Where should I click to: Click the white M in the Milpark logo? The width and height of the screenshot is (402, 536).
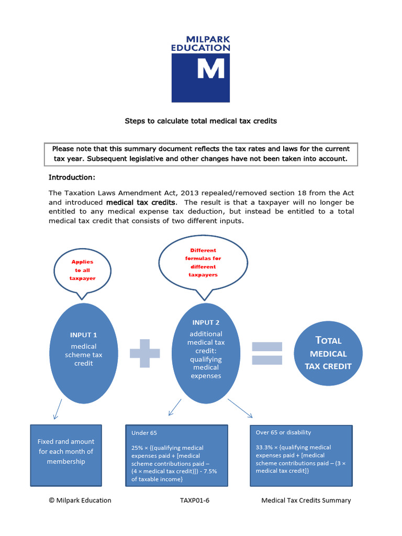click(211, 68)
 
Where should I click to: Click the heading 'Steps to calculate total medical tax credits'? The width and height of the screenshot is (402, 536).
click(200, 121)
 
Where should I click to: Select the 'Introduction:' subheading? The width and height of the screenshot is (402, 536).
click(72, 177)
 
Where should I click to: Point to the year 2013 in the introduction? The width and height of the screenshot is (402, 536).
click(189, 193)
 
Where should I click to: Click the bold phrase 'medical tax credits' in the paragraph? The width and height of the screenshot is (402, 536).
click(141, 203)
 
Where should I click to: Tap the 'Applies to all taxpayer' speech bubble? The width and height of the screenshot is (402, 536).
click(82, 270)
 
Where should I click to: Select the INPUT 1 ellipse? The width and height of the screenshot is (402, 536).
click(84, 353)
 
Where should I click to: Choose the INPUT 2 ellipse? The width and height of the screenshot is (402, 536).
click(206, 353)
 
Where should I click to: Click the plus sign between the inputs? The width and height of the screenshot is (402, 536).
click(145, 353)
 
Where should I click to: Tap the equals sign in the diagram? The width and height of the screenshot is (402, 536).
click(267, 353)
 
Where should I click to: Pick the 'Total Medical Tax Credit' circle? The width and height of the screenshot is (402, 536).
click(328, 353)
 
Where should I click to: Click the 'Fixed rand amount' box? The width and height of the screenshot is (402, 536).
click(66, 455)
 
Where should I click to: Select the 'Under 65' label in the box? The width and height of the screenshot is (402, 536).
click(144, 433)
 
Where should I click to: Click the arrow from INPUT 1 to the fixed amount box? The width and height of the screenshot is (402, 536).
click(58, 409)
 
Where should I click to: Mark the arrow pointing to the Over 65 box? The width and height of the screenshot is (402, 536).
click(240, 408)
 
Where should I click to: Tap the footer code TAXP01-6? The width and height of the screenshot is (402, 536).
click(195, 500)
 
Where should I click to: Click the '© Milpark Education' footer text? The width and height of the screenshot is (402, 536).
click(80, 500)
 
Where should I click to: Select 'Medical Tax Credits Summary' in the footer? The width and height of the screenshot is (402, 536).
click(306, 500)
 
